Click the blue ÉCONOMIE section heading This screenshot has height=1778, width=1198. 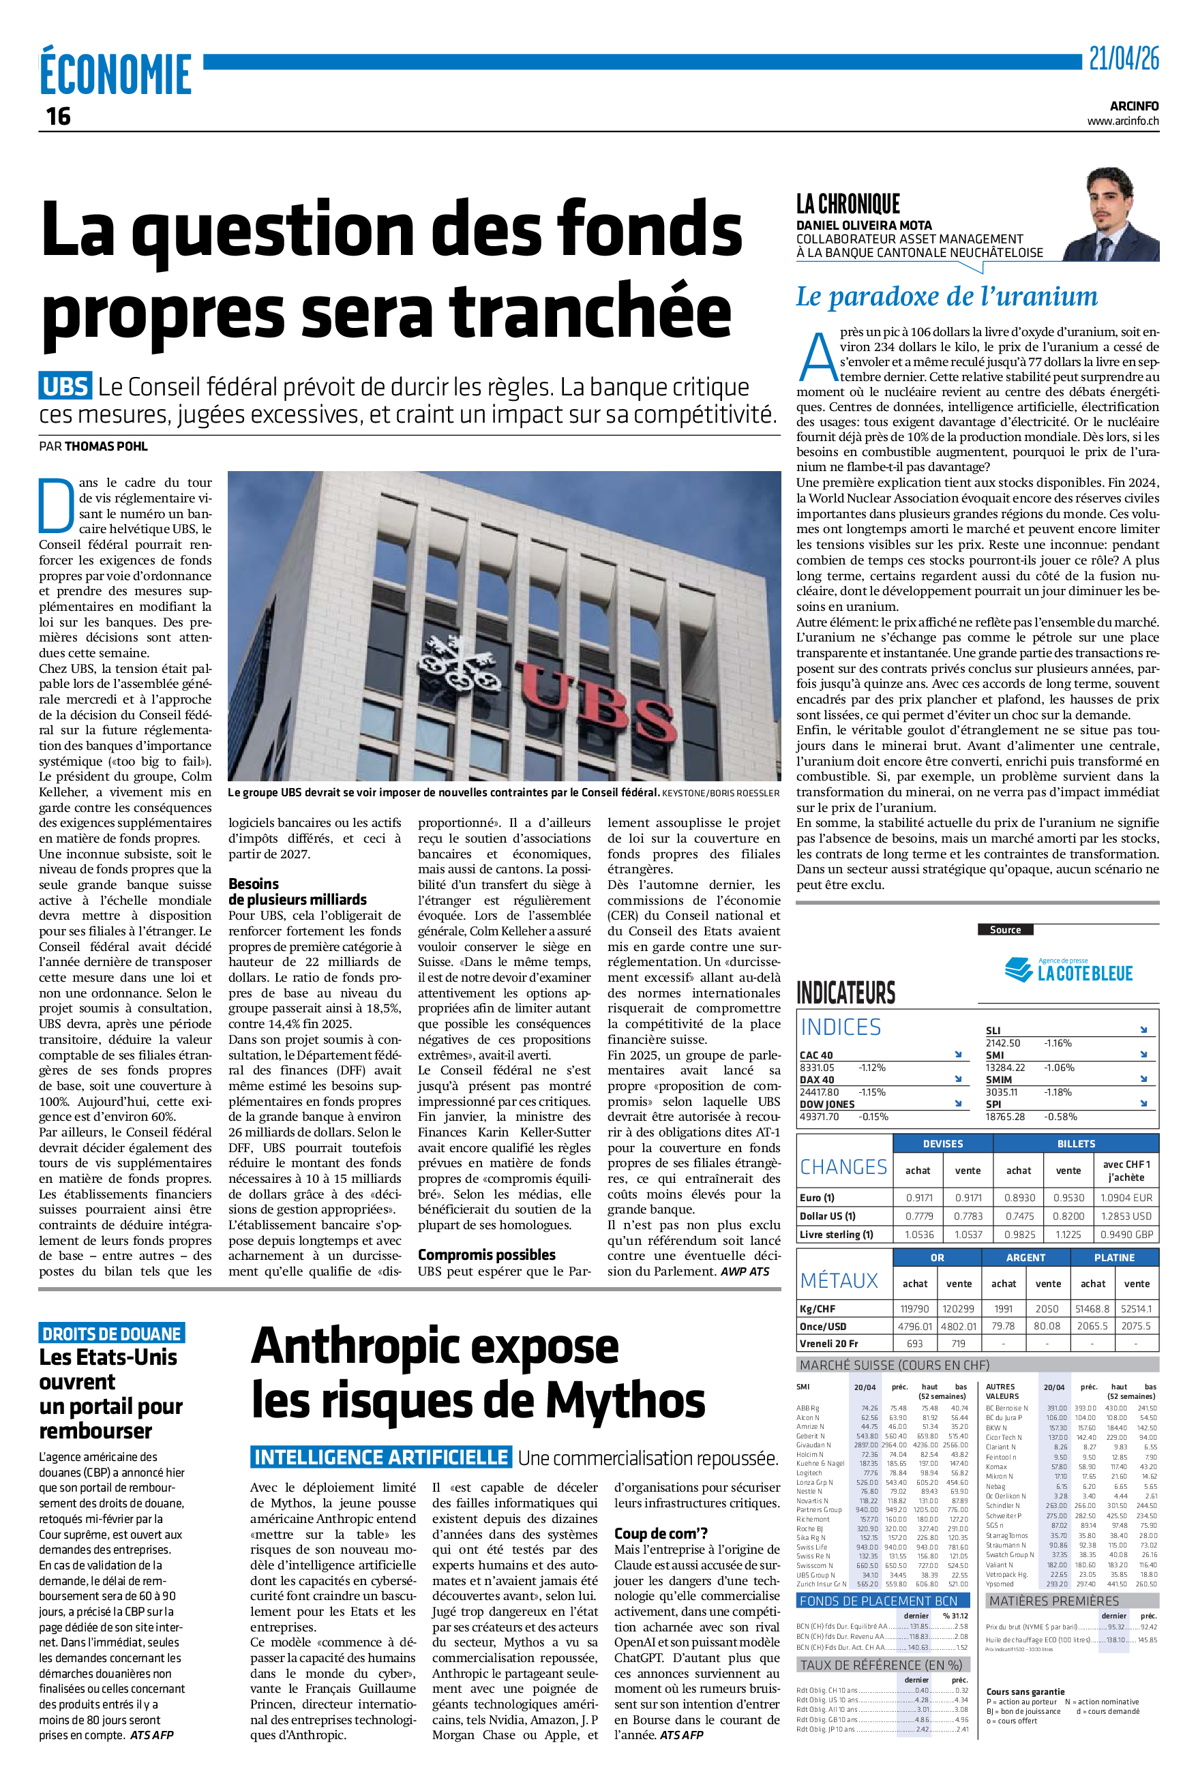(x=115, y=74)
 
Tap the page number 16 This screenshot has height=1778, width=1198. (x=58, y=117)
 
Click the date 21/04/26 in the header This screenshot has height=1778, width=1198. (x=1123, y=58)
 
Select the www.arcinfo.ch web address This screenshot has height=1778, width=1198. (x=1122, y=121)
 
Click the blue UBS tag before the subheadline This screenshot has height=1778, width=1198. (x=65, y=387)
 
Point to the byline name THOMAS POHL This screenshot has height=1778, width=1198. (x=106, y=446)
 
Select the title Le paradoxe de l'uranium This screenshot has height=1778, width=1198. (x=946, y=297)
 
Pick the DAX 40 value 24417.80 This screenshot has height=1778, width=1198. (x=818, y=1092)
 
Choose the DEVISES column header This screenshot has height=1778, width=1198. (x=943, y=1143)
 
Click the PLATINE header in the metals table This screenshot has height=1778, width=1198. (x=1114, y=1258)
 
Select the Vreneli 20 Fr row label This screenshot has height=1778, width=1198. (x=828, y=1344)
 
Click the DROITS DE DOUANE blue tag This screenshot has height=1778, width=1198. (x=112, y=1334)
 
